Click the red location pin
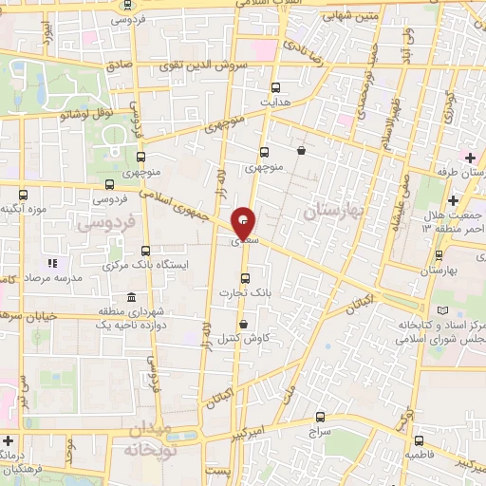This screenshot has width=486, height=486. [x=243, y=223]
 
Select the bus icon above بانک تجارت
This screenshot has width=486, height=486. [x=247, y=278]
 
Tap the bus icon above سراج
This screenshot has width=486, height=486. [x=319, y=416]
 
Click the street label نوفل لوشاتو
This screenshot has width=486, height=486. [x=63, y=115]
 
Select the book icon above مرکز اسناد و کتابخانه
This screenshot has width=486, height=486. [x=441, y=310]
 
